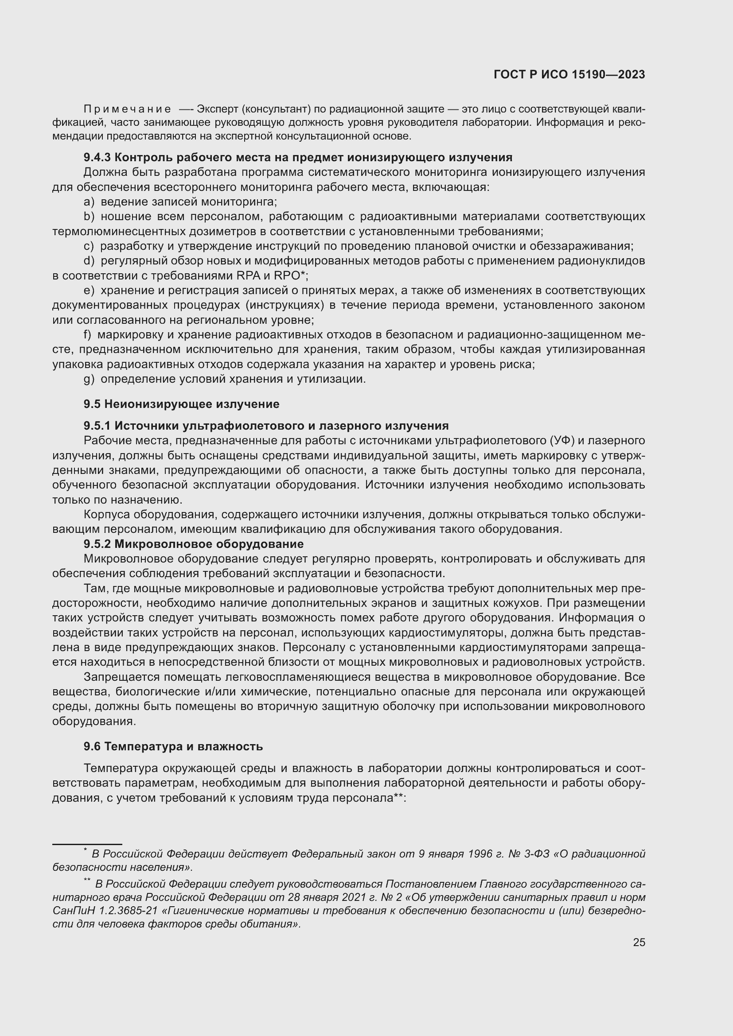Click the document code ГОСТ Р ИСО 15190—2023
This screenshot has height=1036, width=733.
569,75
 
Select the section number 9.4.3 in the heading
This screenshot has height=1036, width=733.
97,158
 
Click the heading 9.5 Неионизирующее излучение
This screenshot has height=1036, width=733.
181,404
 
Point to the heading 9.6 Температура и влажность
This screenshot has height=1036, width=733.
173,746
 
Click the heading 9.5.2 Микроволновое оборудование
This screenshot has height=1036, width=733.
193,544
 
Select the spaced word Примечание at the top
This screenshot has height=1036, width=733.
127,109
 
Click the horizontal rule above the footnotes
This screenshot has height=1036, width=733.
87,844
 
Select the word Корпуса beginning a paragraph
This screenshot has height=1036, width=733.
106,514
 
